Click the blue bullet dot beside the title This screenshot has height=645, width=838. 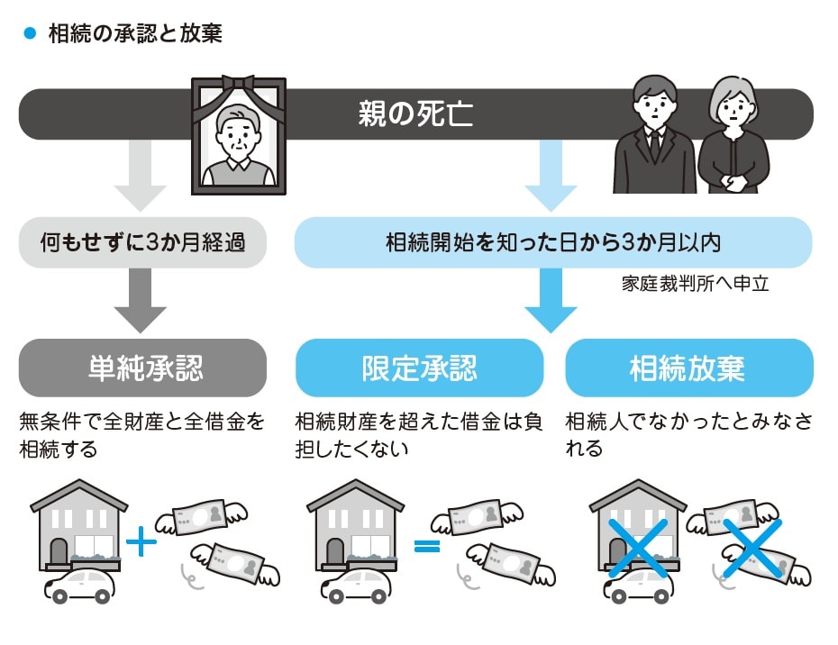pyautogui.click(x=28, y=33)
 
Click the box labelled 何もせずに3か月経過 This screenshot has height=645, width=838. pyautogui.click(x=142, y=242)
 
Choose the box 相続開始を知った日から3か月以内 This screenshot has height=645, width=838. pyautogui.click(x=553, y=242)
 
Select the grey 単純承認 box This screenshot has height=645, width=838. pyautogui.click(x=142, y=368)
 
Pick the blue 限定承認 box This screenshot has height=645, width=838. pyautogui.click(x=419, y=368)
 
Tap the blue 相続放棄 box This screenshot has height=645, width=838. pyautogui.click(x=688, y=368)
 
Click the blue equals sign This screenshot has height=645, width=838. pyautogui.click(x=426, y=544)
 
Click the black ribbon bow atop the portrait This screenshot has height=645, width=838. pyautogui.click(x=238, y=84)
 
